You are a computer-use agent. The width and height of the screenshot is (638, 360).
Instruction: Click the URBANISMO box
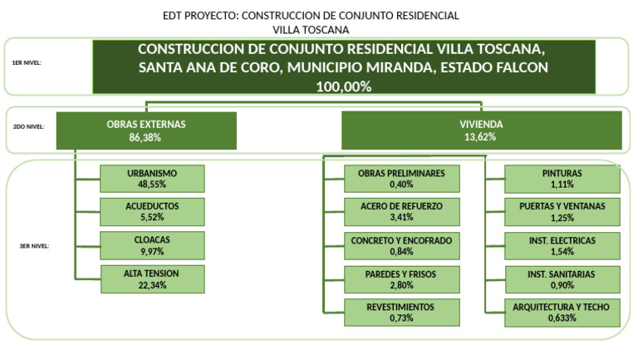(x=152, y=179)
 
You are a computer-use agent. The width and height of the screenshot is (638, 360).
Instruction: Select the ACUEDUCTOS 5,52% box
(x=152, y=211)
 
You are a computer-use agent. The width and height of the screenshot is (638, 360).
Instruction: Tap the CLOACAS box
(x=152, y=244)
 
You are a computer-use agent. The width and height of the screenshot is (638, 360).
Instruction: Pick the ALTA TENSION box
(x=152, y=279)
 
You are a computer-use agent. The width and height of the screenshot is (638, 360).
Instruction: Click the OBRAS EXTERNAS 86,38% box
(x=146, y=131)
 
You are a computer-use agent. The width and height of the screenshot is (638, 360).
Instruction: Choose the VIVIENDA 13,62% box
(x=481, y=131)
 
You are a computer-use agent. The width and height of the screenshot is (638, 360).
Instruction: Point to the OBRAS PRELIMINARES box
(x=401, y=179)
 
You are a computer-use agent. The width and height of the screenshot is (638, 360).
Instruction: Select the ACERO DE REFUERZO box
(x=401, y=211)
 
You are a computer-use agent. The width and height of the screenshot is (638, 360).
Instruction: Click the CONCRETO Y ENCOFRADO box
(x=401, y=245)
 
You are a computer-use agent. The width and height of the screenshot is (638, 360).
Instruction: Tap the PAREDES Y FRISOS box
(x=401, y=279)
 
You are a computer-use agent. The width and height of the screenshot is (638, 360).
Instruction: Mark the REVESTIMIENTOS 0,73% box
(x=401, y=312)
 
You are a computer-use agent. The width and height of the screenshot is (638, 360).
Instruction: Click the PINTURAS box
(x=562, y=179)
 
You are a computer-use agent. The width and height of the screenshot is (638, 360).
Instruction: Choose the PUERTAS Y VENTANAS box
(x=562, y=211)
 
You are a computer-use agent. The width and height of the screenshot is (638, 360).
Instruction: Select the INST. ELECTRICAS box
(x=562, y=245)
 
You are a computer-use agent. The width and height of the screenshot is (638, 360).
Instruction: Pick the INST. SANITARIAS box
(x=562, y=279)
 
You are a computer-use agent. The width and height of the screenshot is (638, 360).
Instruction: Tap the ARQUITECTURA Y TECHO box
(x=562, y=312)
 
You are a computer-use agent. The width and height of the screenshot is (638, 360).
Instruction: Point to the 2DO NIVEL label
(x=28, y=127)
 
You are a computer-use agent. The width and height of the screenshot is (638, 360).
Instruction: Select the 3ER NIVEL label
(x=34, y=246)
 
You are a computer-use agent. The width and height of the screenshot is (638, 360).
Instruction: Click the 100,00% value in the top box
(x=343, y=86)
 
